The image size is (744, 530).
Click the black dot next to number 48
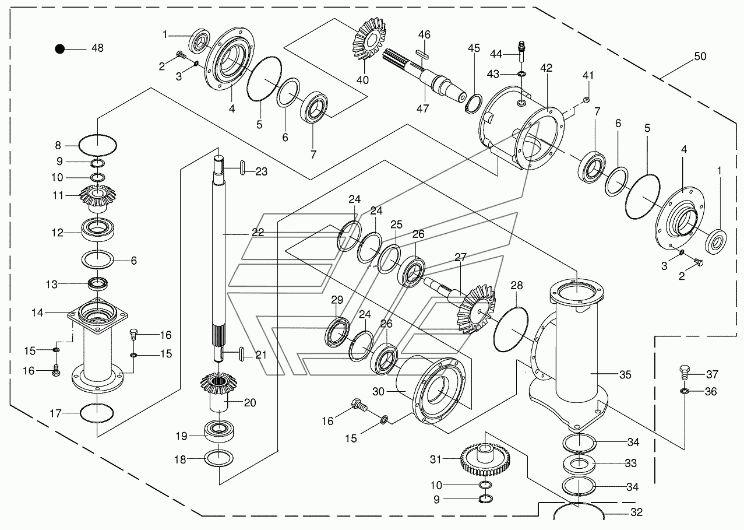coord(59,49)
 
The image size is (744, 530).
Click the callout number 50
coord(700,56)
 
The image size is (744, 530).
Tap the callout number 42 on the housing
coord(546,68)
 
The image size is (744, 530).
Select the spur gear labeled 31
coord(485,458)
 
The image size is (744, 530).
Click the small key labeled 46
coord(422,54)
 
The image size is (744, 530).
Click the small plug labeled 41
coord(587,99)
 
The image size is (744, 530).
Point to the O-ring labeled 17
coord(97,413)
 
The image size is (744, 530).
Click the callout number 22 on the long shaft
coord(258,232)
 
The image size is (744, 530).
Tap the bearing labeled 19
coord(219,431)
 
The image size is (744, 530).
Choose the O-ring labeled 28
coord(511,329)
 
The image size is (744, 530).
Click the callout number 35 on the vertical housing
coord(625,375)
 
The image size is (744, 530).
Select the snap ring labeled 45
coord(474,104)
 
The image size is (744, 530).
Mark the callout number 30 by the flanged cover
coord(378,392)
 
